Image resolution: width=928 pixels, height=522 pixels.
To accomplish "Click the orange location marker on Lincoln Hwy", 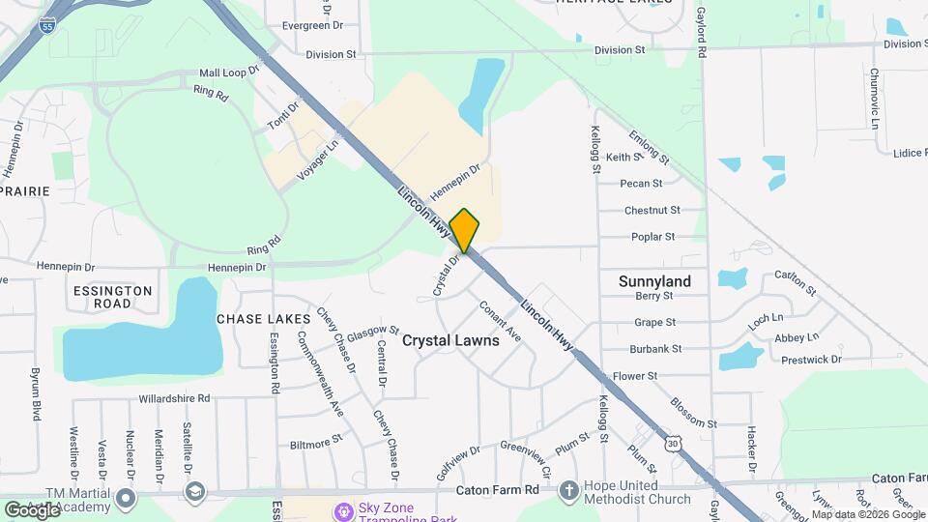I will point(465,230).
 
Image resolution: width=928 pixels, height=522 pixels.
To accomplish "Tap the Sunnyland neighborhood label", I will point(654,281).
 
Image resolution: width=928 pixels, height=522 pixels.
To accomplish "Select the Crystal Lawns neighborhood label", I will point(450,340).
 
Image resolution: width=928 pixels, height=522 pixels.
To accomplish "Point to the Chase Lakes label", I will point(263,318).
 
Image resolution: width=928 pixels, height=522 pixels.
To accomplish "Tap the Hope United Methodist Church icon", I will point(568,490).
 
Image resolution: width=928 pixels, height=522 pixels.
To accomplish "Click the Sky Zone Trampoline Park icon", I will point(342,510).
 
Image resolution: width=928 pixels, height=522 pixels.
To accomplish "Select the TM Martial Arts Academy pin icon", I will point(126,499).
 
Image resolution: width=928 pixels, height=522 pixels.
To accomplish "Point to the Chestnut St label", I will point(652,210).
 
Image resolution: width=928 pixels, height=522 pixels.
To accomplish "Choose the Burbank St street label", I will point(655,348).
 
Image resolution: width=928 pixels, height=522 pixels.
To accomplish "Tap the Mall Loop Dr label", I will point(230,72).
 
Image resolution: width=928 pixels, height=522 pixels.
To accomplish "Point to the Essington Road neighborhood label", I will point(112,297).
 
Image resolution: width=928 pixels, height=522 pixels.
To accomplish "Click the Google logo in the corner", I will point(31,509).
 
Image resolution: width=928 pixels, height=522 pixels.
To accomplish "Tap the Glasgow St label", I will point(373,331).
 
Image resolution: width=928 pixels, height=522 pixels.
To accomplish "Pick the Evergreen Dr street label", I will point(306,26).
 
